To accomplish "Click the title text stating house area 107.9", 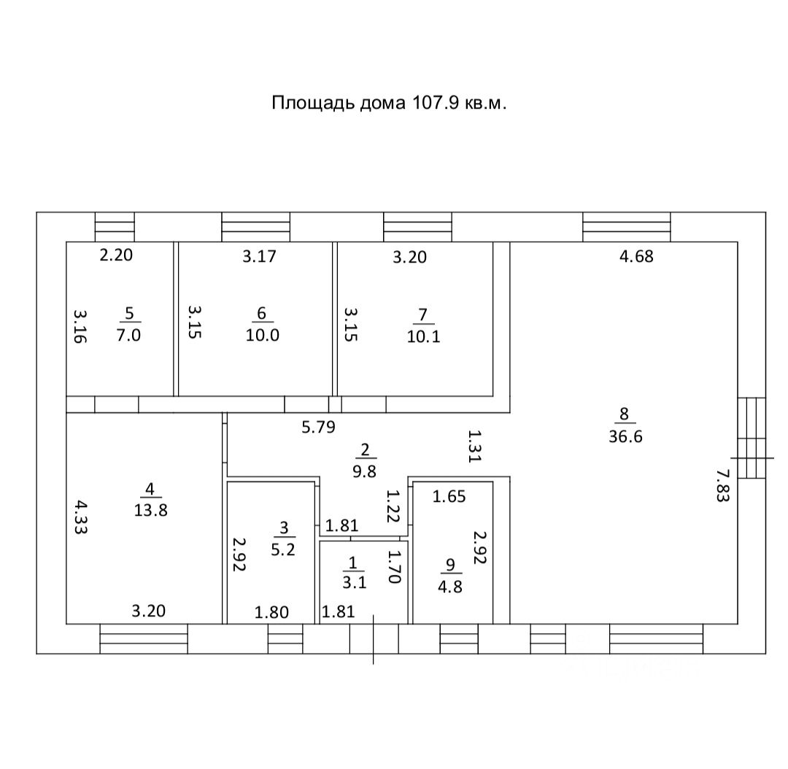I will point(389,103).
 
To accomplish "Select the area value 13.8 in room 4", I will point(151,510).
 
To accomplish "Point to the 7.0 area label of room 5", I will point(129,336).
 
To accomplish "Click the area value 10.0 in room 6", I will point(263,336).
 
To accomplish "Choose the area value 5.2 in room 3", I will point(282,549).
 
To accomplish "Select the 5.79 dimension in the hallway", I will point(318,428).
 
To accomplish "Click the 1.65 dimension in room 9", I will point(449,497).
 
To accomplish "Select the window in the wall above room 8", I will point(626,226).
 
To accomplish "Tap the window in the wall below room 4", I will point(143,638).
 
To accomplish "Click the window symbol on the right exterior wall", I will point(752,438).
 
